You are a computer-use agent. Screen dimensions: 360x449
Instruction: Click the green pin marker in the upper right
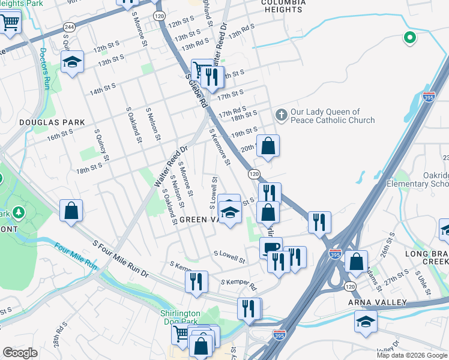pos(410,38)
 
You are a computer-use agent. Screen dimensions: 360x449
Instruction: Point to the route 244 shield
pos(69,27)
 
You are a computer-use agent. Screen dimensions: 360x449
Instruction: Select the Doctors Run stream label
pos(44,66)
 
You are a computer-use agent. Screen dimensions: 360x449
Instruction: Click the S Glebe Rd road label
pos(196,91)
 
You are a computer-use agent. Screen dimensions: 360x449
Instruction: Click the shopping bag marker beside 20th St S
pos(268,145)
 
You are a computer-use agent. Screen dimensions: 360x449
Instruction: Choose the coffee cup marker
pos(271,247)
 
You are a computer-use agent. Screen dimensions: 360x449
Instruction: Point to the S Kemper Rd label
pos(238,282)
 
